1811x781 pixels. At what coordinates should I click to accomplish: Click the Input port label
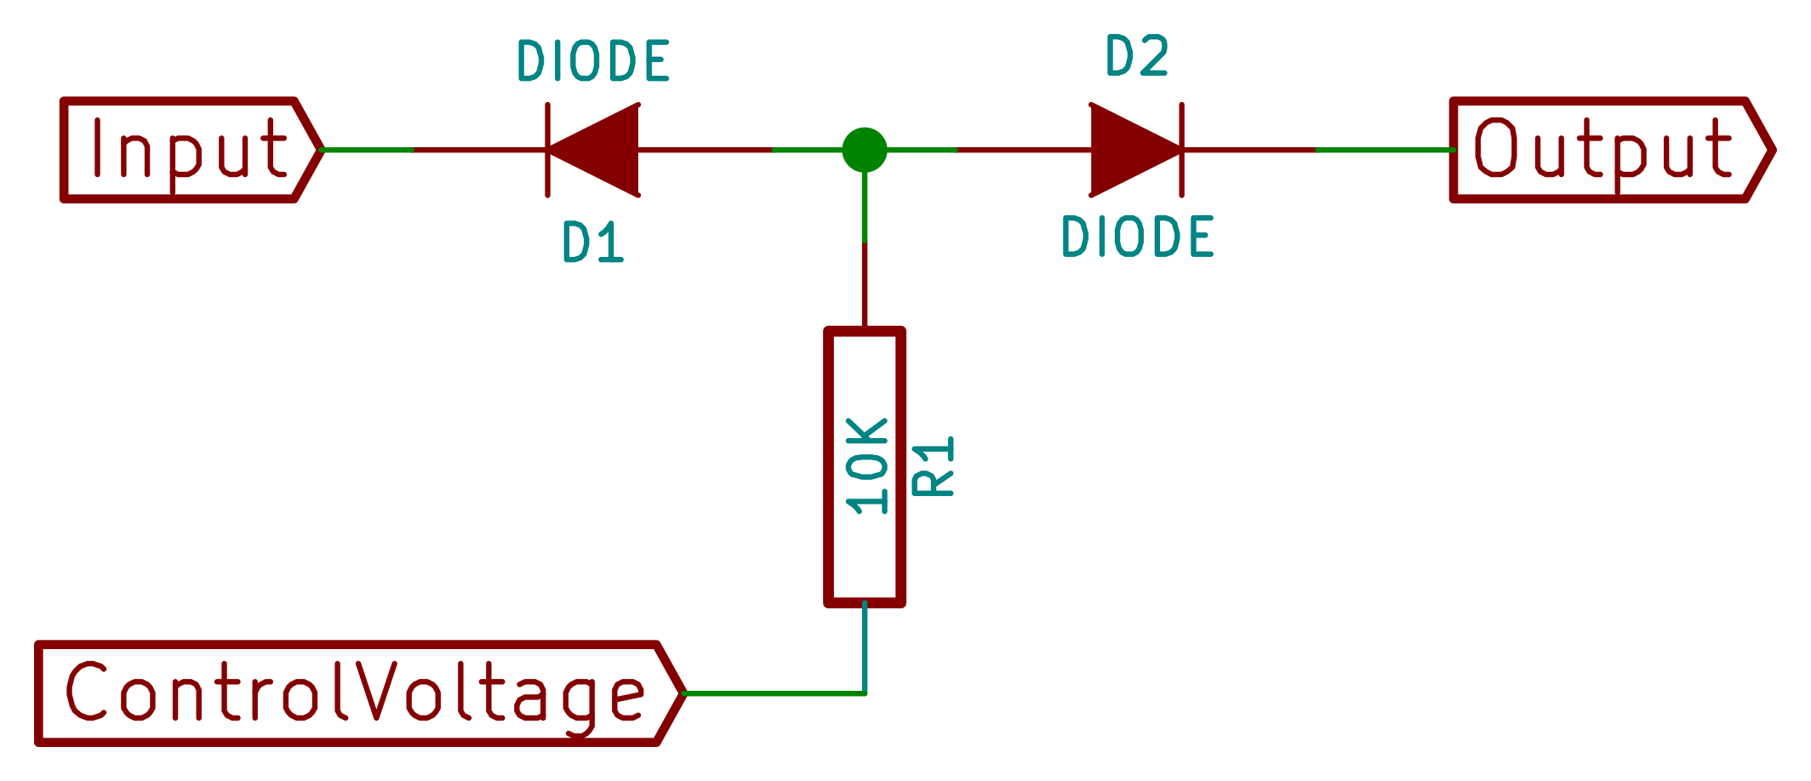tap(189, 150)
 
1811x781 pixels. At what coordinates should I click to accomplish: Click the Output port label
tap(1602, 150)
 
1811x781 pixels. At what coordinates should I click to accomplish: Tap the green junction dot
tap(865, 150)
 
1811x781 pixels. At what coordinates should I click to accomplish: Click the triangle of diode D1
tap(601, 150)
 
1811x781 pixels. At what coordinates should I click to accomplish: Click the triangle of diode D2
tap(1128, 150)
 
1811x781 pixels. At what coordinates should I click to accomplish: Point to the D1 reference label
tap(593, 242)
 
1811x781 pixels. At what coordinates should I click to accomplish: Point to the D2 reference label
tap(1137, 57)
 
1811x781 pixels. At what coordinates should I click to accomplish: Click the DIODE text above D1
tap(593, 61)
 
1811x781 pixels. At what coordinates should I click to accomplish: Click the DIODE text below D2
tap(1137, 237)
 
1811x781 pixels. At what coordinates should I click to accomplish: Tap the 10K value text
tap(867, 466)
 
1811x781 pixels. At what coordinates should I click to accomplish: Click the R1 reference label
tap(934, 466)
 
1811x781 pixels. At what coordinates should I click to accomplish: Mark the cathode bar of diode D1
tap(547, 150)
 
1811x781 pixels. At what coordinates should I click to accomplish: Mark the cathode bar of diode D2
tap(1182, 150)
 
